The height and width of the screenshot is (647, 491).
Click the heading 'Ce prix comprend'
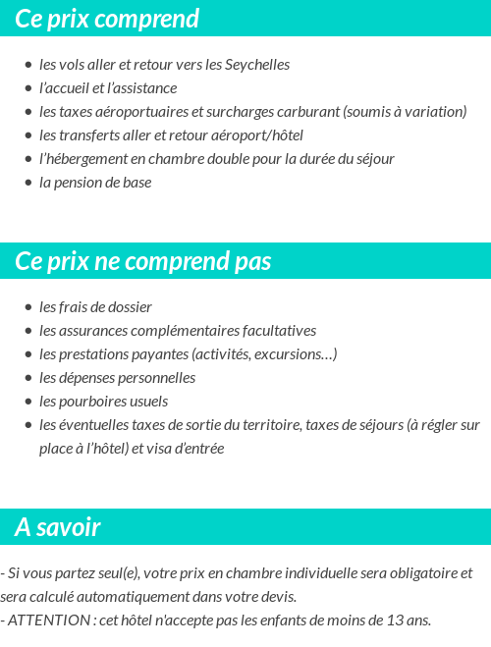pos(107,19)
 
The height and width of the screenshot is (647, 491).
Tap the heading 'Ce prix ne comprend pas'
pos(143,262)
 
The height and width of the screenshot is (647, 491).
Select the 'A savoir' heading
pos(58,527)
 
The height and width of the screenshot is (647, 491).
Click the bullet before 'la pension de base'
pos(28,183)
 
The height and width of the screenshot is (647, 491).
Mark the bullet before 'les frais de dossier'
pos(28,307)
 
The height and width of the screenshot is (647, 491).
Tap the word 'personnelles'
pos(156,378)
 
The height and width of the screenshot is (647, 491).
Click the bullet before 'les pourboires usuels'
pos(28,402)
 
